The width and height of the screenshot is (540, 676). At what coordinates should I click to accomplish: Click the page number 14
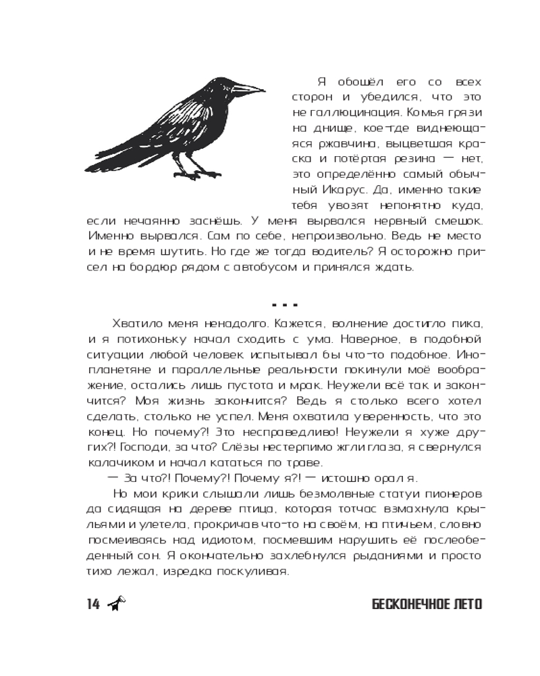point(93,604)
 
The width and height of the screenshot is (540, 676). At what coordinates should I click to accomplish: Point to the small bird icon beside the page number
point(118,604)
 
